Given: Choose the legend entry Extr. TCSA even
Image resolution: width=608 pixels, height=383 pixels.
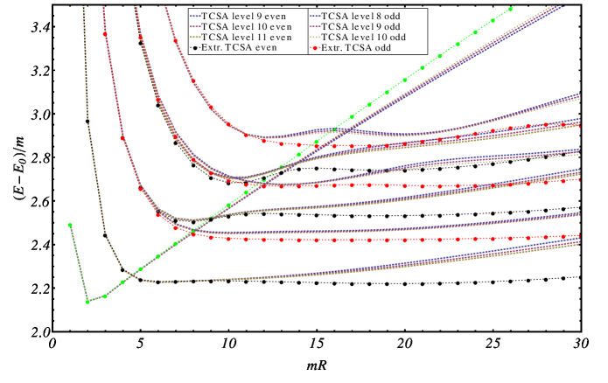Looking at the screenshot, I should (x=236, y=48).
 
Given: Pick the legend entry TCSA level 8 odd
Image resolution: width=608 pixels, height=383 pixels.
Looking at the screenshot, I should (x=358, y=16).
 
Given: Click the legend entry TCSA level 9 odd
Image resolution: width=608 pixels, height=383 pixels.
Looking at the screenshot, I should (x=358, y=27).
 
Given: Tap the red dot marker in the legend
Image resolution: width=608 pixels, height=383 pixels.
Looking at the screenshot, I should (x=314, y=48).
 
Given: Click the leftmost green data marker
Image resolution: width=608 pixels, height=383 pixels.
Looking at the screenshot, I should (x=70, y=225).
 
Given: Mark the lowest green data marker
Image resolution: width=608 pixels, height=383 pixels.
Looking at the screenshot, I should (x=87, y=302).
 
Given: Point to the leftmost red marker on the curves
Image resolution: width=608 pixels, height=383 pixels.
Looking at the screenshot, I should (x=105, y=35).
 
